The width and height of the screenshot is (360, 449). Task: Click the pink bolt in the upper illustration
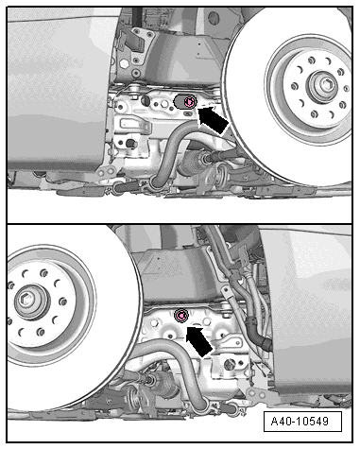(190, 102)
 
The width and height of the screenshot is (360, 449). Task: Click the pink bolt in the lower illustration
(181, 316)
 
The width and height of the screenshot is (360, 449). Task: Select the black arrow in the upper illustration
(212, 119)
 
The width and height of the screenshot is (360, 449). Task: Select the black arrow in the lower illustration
(199, 341)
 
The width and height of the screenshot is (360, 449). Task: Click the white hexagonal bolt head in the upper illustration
(125, 64)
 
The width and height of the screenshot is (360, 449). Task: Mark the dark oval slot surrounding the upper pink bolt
(185, 102)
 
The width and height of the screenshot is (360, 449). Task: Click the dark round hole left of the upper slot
(146, 101)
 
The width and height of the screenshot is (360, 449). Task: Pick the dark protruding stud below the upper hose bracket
(130, 144)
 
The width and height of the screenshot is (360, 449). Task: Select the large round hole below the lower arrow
(230, 365)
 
